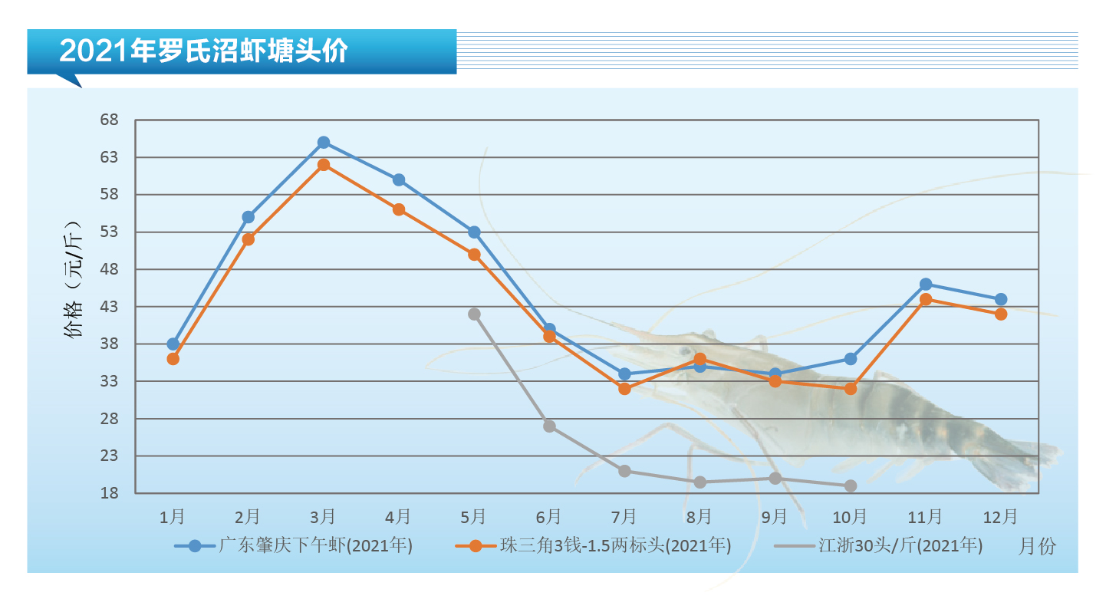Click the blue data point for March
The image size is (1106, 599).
(x=324, y=143)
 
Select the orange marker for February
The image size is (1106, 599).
(x=249, y=239)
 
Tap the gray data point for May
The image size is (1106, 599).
(x=474, y=314)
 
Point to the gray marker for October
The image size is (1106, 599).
(x=850, y=486)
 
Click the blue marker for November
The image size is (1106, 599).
(x=926, y=285)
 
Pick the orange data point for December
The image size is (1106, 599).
(x=1001, y=314)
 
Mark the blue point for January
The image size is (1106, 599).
(x=173, y=344)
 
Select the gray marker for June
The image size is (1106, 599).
(x=549, y=426)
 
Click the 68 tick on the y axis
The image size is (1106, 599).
(x=110, y=120)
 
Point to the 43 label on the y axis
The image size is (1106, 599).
(x=110, y=307)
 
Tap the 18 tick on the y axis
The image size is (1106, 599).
(x=110, y=493)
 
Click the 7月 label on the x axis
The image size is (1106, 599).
(x=624, y=516)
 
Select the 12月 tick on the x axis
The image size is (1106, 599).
(x=1001, y=516)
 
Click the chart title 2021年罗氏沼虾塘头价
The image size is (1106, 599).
(x=203, y=51)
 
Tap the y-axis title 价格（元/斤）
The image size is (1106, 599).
(x=74, y=284)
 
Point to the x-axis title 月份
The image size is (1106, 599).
(x=1037, y=546)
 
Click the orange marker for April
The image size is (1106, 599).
(x=399, y=209)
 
